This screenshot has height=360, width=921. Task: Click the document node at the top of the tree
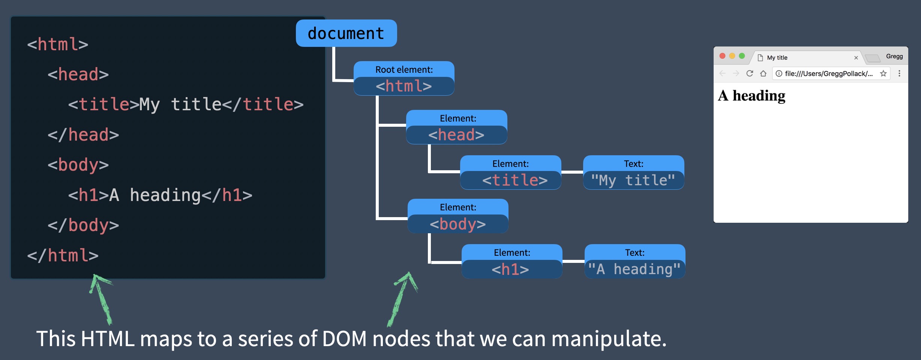pos(346,33)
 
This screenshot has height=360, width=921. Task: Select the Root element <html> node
pos(403,79)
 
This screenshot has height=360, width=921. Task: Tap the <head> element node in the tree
pos(456,127)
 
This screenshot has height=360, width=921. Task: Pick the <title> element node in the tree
pos(510,173)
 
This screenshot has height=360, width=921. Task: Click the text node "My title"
pos(633,173)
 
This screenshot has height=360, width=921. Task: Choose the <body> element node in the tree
pos(457,216)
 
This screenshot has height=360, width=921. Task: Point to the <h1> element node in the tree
pos(511,262)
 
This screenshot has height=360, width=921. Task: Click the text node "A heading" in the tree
pos(634,262)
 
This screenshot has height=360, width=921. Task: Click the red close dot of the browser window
pos(722,56)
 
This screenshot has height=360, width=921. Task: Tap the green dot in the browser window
pos(742,56)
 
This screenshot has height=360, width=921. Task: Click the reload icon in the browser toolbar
pos(750,73)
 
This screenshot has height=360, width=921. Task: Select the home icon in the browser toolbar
pos(763,73)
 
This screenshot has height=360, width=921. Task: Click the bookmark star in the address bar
pos(883,73)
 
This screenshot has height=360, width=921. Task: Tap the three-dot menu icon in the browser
pos(899,73)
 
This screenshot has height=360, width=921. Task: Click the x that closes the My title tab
pos(856,58)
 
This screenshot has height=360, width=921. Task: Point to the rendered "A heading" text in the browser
pos(751,96)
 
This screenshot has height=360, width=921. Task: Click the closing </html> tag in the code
pos(63,256)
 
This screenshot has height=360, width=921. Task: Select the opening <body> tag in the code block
pos(78,165)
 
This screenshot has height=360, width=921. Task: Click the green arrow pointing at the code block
pos(101,298)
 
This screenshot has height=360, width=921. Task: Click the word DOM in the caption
pos(344,339)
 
